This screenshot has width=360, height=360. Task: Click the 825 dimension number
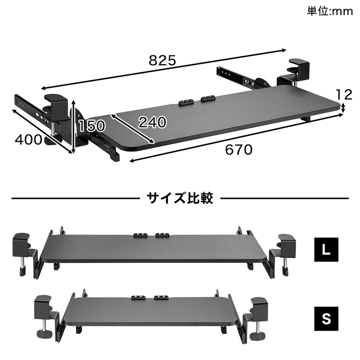pyautogui.click(x=162, y=60)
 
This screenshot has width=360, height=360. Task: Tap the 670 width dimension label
pyautogui.click(x=239, y=150)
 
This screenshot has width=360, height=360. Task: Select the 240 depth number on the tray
pyautogui.click(x=153, y=122)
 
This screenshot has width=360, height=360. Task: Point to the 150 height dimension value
pyautogui.click(x=92, y=126)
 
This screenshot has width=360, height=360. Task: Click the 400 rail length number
pyautogui.click(x=29, y=139)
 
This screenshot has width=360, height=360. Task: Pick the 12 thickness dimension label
pyautogui.click(x=344, y=94)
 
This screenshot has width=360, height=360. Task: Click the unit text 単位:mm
pyautogui.click(x=330, y=11)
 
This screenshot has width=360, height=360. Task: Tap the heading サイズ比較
pyautogui.click(x=180, y=198)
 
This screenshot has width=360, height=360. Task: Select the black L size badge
pyautogui.click(x=326, y=250)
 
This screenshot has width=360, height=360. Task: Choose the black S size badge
pyautogui.click(x=326, y=319)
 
